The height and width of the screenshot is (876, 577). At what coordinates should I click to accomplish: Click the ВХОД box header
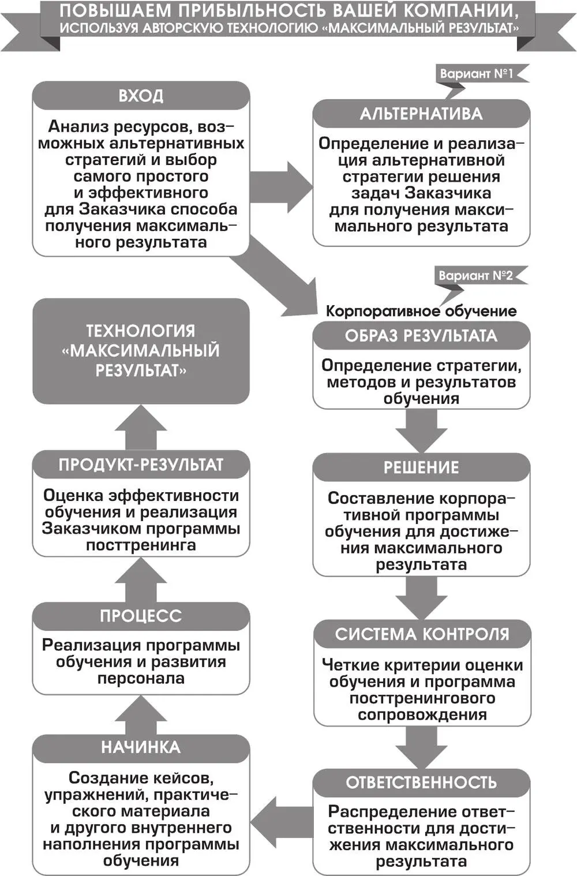coord(141,95)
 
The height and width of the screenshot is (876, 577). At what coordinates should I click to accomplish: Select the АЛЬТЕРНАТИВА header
coord(421,114)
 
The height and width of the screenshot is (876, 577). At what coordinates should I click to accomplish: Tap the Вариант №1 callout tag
coord(477,74)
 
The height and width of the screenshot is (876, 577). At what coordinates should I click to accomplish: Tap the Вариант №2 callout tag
coord(475,275)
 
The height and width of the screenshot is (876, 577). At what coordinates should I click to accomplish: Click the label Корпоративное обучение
coord(421,311)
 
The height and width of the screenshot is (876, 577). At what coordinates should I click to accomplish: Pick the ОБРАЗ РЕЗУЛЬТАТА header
coord(421,336)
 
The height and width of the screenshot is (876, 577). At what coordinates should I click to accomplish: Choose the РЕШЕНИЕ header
coord(421,467)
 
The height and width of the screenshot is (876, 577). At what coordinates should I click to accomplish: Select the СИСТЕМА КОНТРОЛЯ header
coord(422,634)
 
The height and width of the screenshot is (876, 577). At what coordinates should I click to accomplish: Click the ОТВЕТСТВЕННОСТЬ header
coord(421,783)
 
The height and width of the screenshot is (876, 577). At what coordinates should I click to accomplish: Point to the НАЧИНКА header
coord(141,748)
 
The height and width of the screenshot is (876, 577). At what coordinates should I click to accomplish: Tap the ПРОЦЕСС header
coord(141,616)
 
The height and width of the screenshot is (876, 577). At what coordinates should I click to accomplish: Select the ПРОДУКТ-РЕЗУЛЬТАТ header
coord(141,465)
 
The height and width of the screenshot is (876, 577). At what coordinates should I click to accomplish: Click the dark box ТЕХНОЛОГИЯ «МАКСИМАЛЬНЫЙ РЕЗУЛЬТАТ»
coord(141,350)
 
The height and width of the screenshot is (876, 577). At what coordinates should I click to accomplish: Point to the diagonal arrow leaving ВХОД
coord(277,277)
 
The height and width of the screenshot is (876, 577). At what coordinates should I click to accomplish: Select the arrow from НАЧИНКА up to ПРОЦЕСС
coord(141,714)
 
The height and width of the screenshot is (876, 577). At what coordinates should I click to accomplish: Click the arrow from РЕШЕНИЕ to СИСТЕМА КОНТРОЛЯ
coord(421,597)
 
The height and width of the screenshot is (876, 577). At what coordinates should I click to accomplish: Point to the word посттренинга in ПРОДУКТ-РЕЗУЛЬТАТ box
coord(141,545)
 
